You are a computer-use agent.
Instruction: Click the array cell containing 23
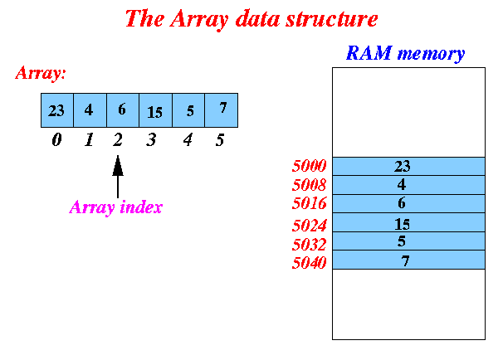(x=57, y=110)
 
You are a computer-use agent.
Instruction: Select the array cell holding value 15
(x=155, y=110)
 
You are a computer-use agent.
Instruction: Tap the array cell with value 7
(x=222, y=110)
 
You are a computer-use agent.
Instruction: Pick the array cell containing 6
(x=123, y=110)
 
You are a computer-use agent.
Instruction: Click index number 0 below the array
(x=56, y=140)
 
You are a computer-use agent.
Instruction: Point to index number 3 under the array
(x=151, y=140)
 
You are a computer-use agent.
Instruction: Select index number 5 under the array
(x=220, y=140)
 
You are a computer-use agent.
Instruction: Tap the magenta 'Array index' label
(x=115, y=207)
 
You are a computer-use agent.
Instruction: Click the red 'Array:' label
(x=41, y=73)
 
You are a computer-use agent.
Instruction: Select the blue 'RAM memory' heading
(x=405, y=55)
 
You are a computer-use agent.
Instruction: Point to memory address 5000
(x=310, y=166)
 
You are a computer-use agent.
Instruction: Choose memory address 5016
(x=310, y=204)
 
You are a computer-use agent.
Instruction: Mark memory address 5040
(x=310, y=263)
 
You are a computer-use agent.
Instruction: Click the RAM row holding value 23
(x=408, y=166)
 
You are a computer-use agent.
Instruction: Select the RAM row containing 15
(x=408, y=222)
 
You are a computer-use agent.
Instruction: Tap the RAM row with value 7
(x=408, y=260)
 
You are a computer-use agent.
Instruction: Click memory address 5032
(x=310, y=245)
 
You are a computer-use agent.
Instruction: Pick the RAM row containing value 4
(x=408, y=184)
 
